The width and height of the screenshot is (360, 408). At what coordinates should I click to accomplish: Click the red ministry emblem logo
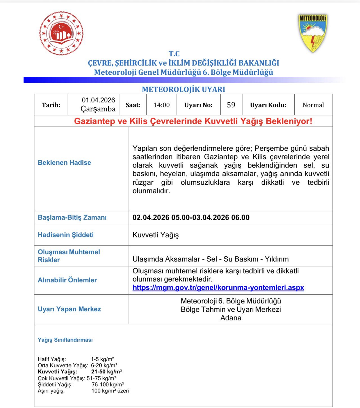pos(61,33)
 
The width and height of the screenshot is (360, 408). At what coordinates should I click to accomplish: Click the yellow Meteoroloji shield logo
pos(312,33)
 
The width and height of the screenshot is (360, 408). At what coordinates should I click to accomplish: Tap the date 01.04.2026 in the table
pos(98,100)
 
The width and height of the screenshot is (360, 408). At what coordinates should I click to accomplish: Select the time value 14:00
pos(161,105)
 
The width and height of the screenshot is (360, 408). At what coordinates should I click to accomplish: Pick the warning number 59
pos(231,105)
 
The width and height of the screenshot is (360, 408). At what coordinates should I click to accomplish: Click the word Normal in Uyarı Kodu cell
pos(313,105)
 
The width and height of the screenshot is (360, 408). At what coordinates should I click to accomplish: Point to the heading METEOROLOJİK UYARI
pos(183,89)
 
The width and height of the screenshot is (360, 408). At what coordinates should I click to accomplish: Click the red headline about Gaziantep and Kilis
pos(193,121)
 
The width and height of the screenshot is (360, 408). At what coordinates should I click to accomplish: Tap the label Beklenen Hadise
pos(64,163)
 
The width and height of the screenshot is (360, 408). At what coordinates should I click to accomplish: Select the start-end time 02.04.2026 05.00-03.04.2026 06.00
pos(191,217)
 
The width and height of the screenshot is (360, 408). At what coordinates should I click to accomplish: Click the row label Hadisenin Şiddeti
pos(66,235)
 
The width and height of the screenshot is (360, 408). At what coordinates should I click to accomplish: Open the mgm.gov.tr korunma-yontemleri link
pos(218,288)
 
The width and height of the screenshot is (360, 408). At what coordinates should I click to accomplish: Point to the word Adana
pos(231,318)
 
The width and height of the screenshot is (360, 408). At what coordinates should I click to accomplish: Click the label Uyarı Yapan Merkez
pos(69,309)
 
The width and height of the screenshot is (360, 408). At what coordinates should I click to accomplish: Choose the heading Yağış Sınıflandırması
pos(65,340)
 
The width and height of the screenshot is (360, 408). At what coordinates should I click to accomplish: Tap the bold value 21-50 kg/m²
pos(106,372)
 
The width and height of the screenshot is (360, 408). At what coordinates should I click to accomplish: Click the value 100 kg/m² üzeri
pos(110,391)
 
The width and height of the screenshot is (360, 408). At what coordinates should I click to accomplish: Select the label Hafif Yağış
pos(52,359)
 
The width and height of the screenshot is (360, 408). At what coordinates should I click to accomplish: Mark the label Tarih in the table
pos(51,105)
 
